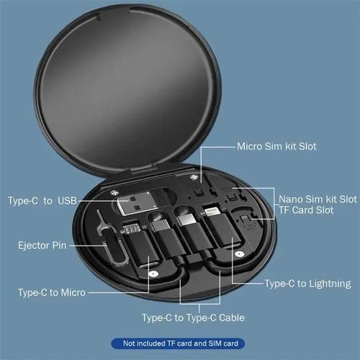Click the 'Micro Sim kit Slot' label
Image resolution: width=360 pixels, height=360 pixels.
tap(276, 146)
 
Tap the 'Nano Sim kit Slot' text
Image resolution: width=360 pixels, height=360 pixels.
tap(318, 198)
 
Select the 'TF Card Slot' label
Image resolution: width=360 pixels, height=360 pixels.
tap(307, 212)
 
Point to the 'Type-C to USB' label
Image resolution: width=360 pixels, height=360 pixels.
tap(41, 200)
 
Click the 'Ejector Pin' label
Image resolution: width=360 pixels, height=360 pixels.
tap(42, 246)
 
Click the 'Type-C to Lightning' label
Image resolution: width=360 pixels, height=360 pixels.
tap(308, 284)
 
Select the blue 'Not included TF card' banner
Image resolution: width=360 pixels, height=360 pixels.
tap(179, 343)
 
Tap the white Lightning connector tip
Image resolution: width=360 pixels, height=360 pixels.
tap(212, 213)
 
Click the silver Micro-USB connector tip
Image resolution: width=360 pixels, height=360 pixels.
tap(131, 231)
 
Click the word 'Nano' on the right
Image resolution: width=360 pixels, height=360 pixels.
tap(291, 198)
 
